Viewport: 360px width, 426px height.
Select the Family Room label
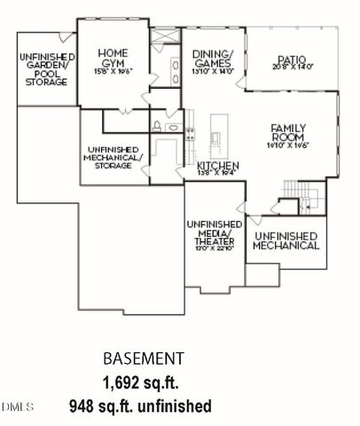(288, 133)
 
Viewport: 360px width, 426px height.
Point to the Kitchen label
(217, 166)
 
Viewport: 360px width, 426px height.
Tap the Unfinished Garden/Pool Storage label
(43, 70)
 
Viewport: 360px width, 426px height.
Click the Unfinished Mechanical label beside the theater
(286, 241)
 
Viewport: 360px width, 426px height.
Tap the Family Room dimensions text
(288, 146)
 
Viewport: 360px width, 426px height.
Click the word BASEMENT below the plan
(143, 359)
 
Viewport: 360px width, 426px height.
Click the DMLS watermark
(17, 406)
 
